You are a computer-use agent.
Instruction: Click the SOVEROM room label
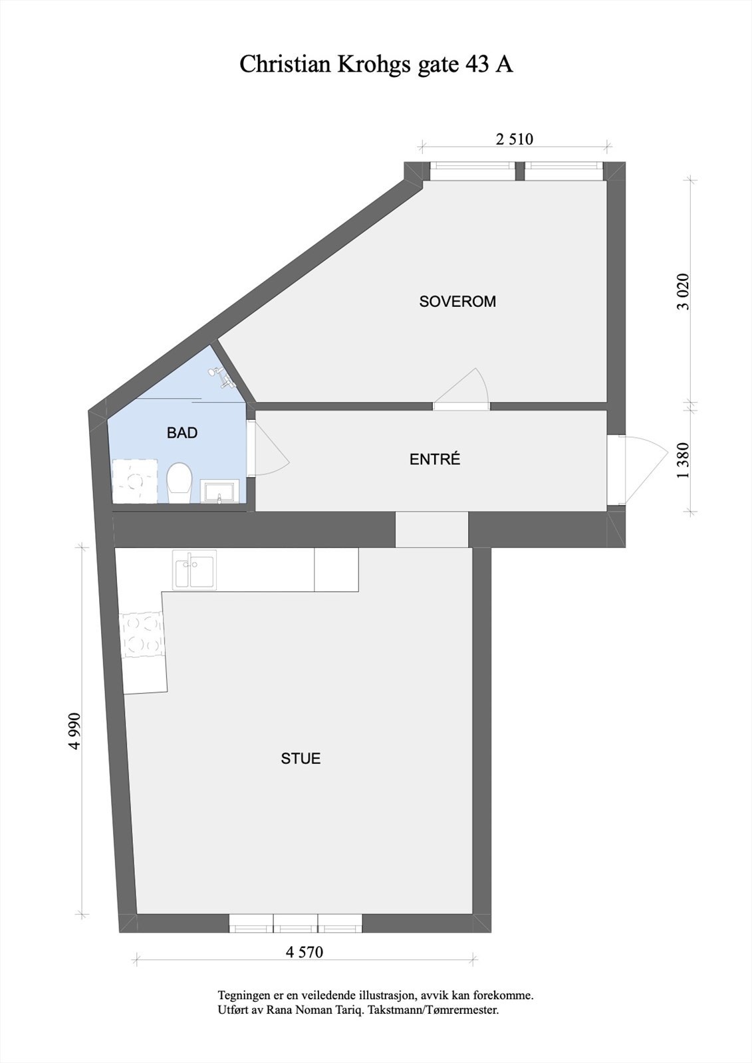click(457, 302)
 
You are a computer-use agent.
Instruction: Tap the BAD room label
click(182, 433)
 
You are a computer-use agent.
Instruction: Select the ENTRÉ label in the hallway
click(435, 459)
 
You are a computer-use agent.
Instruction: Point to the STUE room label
click(301, 759)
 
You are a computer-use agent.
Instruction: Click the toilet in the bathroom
click(179, 483)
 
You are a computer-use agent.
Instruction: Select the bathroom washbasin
click(220, 492)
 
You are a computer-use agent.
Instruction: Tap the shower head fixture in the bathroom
click(222, 377)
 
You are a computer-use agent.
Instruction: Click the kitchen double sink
click(193, 571)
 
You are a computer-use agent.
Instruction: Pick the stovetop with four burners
click(142, 634)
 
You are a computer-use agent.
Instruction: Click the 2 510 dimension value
click(515, 140)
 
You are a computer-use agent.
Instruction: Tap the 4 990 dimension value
click(74, 731)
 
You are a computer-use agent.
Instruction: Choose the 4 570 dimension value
click(305, 952)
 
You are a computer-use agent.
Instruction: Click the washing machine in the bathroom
click(136, 480)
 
